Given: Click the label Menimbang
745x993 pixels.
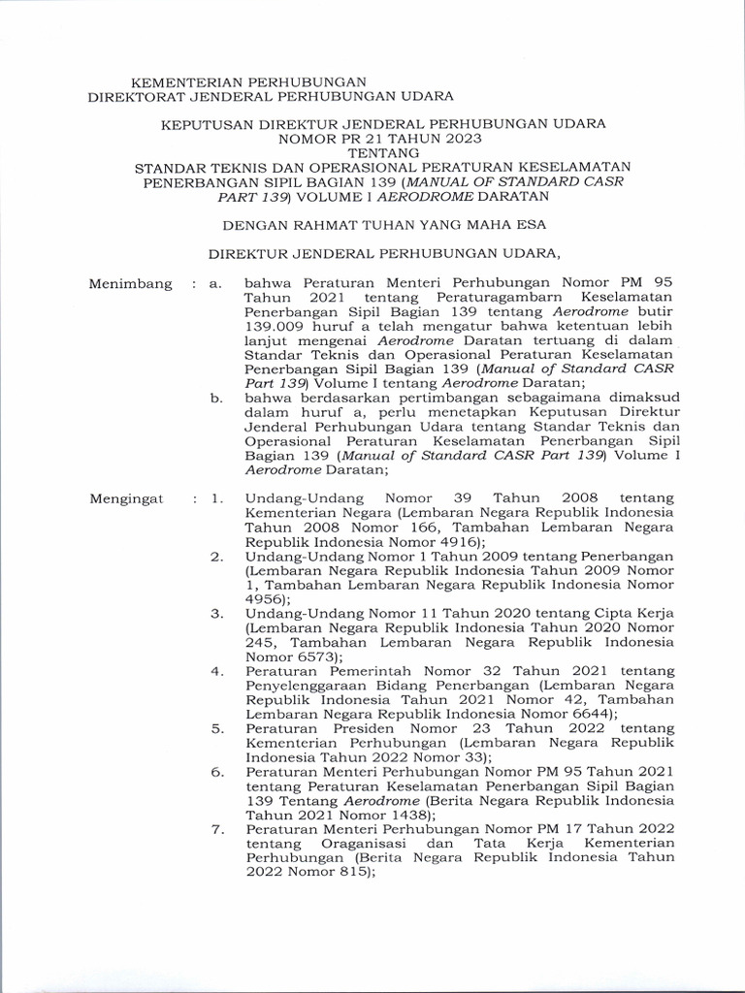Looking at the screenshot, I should (130, 284).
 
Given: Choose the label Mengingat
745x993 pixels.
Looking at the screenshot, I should (127, 498).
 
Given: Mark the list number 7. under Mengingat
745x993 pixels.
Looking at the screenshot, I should (217, 829).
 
